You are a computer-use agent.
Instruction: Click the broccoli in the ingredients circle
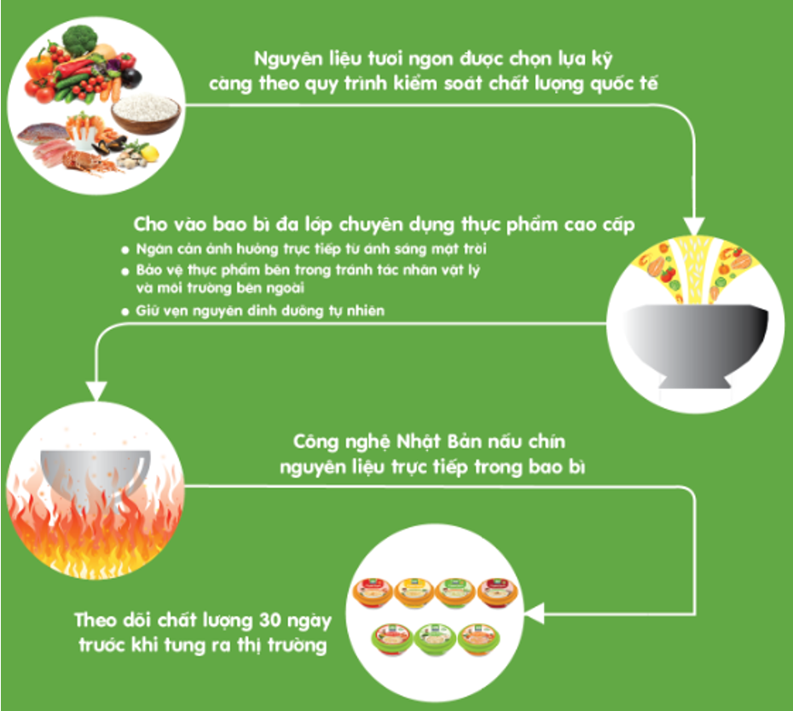pos(80,40)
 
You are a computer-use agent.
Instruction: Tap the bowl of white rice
pos(146,113)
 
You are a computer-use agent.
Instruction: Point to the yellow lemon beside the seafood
pos(150,153)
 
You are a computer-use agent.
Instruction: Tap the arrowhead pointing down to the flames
pos(96,391)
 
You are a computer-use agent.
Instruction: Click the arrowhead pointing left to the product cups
pos(534,614)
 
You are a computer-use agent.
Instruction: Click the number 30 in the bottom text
pos(270,620)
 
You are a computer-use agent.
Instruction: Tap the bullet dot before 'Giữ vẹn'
pos(124,311)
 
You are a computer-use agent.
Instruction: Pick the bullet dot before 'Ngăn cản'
pos(124,250)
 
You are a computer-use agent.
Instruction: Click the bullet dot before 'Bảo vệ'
pos(124,272)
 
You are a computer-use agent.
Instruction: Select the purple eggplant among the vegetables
pos(131,76)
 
